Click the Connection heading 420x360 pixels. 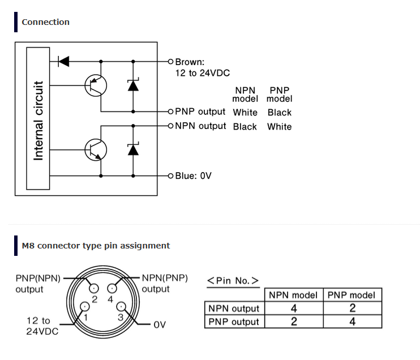tap(45, 22)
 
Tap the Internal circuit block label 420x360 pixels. tap(38, 121)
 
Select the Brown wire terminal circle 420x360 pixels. tap(170, 62)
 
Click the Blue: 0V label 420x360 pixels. tap(193, 175)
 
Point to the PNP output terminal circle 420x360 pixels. tap(170, 112)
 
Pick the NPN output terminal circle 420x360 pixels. tap(170, 126)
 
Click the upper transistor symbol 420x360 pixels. tap(96, 85)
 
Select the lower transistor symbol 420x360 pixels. tap(96, 150)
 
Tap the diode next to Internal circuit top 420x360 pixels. tap(64, 62)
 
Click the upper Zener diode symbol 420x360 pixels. tap(133, 85)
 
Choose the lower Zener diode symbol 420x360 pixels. tap(133, 149)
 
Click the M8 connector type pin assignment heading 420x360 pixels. tap(96, 246)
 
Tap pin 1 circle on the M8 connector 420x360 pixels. tap(85, 306)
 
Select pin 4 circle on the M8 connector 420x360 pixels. tap(112, 289)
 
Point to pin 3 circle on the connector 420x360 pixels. tap(121, 306)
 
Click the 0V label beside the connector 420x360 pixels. tap(160, 325)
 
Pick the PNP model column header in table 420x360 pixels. tap(352, 295)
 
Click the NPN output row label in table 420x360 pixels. tap(234, 308)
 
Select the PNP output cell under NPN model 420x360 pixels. tap(294, 322)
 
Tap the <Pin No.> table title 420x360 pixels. tap(233, 281)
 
